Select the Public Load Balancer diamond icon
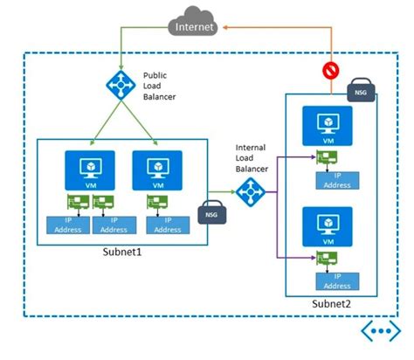(x=118, y=85)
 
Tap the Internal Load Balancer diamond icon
(x=252, y=190)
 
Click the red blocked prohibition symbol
(x=331, y=69)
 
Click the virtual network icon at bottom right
(x=379, y=333)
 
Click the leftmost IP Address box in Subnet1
(x=67, y=225)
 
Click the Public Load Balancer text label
(x=161, y=84)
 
